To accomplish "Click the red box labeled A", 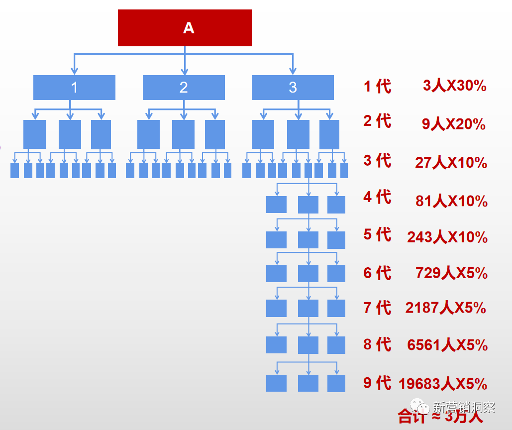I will coord(185,28).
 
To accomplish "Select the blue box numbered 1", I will coord(74,88).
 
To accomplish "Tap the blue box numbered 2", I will coord(184,88).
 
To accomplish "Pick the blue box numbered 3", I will coord(293,88).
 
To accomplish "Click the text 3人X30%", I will coord(454,86).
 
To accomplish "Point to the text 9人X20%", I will coord(454,123).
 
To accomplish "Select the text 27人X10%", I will coord(451,162).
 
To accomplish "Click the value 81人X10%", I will coord(451,201).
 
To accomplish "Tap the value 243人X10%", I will coord(447,237).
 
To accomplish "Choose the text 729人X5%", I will coord(451,273).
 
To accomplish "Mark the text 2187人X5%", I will coord(445,308).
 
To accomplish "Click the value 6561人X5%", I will coord(447,345).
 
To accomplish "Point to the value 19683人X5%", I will coord(443,384).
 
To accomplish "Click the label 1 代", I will coord(377,86).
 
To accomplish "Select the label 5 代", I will coord(377,234).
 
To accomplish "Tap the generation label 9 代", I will coord(377,383).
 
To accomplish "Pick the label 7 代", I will coord(377,308).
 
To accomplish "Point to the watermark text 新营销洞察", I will coord(464,407).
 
